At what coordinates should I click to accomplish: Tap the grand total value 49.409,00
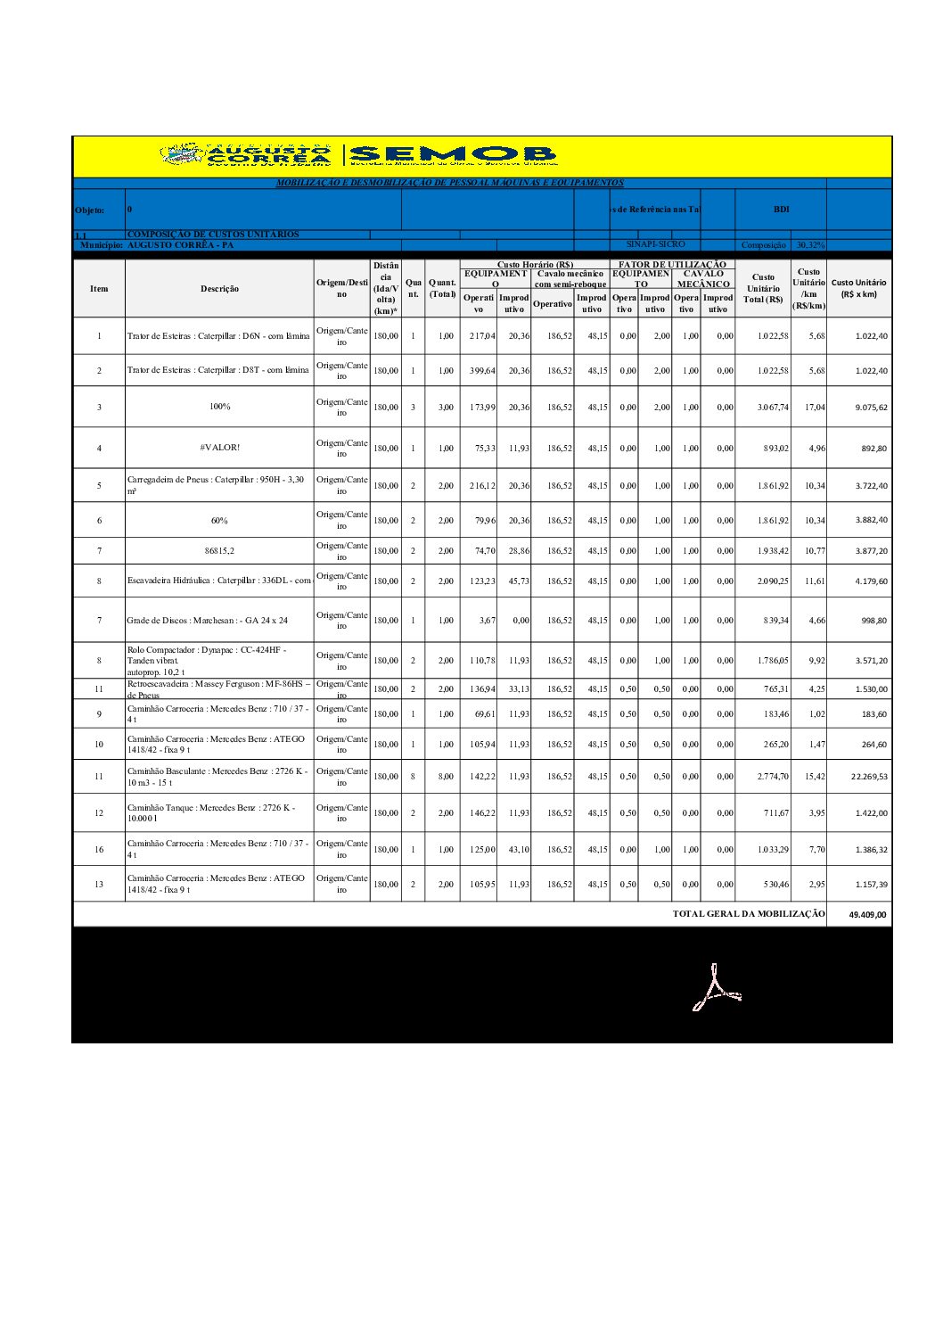click(867, 915)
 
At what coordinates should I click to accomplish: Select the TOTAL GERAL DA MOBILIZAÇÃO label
click(749, 914)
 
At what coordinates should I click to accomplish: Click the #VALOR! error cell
click(219, 448)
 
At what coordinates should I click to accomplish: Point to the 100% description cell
click(219, 407)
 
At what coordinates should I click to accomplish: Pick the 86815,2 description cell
click(219, 551)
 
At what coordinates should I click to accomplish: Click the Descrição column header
click(219, 289)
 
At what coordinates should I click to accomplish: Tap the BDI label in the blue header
click(781, 210)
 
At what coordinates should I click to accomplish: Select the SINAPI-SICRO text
click(655, 244)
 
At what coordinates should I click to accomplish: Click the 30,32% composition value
click(810, 245)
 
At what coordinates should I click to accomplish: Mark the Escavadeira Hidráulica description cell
click(219, 581)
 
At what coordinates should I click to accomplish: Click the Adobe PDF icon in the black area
click(716, 988)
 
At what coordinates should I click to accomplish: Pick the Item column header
click(99, 289)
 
